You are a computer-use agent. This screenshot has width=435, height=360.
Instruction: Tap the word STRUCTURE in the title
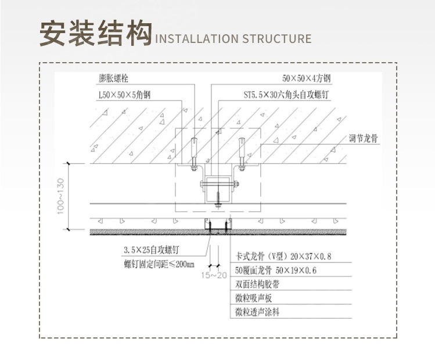pyautogui.click(x=276, y=39)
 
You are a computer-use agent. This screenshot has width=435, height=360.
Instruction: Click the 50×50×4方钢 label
pyautogui.click(x=306, y=78)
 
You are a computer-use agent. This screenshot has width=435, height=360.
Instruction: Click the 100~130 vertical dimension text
pyautogui.click(x=60, y=196)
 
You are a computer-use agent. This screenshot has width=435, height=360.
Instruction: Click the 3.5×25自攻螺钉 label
pyautogui.click(x=151, y=250)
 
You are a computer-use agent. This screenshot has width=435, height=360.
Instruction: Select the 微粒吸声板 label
pyautogui.click(x=253, y=298)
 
